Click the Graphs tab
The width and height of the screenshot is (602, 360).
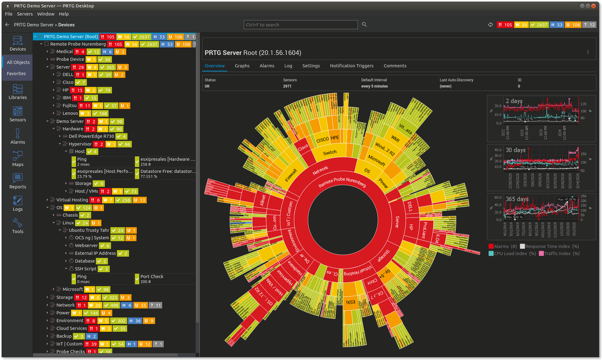click(242, 66)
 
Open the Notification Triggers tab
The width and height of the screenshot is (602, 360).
click(351, 66)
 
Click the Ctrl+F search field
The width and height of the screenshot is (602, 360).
click(300, 25)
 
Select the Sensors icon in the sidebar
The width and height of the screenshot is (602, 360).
click(18, 114)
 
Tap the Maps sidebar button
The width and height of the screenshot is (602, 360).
click(18, 159)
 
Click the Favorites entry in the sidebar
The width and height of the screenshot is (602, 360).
click(16, 74)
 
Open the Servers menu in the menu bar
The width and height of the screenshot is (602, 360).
click(25, 14)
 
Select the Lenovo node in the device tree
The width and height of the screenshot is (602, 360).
click(70, 113)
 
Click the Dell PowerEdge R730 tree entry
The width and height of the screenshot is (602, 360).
click(91, 136)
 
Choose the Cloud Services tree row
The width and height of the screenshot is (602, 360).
click(72, 328)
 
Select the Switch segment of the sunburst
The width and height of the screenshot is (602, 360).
click(330, 152)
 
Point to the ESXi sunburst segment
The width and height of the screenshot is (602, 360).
click(350, 302)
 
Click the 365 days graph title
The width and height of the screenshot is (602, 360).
click(517, 199)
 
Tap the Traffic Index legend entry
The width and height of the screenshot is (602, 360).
click(557, 254)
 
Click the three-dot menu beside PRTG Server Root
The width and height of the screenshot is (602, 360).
click(588, 52)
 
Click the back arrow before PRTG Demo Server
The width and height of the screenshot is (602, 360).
click(7, 25)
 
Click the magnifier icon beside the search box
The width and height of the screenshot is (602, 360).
click(364, 25)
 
